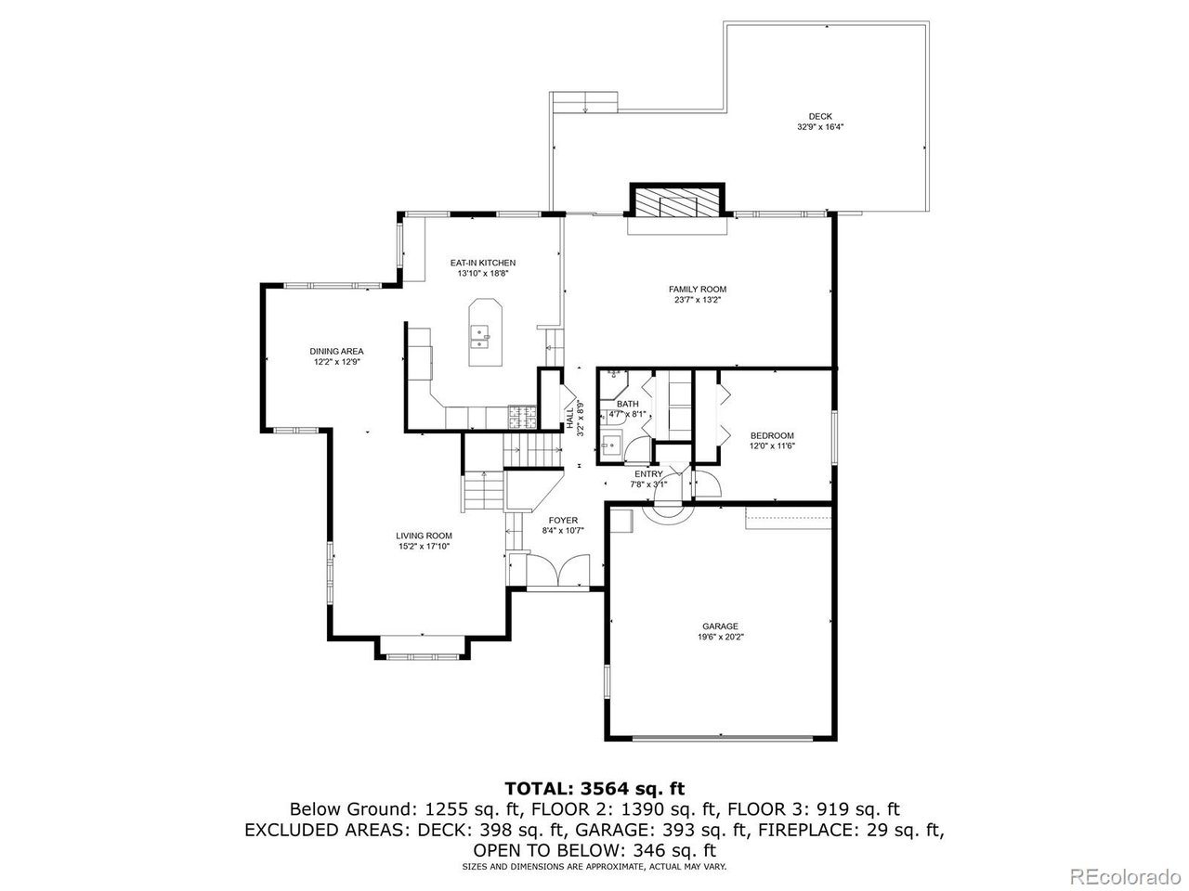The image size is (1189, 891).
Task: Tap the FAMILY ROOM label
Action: coord(697,290)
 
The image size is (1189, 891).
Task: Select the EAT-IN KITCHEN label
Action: coord(482,263)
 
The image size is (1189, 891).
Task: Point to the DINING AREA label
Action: coord(336,351)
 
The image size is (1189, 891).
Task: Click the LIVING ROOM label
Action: coord(424,536)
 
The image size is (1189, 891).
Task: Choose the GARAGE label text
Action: coord(720,626)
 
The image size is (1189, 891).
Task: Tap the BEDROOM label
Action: coord(772,435)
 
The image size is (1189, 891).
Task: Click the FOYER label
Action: coord(563,520)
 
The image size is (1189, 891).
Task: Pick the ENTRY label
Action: coord(648,474)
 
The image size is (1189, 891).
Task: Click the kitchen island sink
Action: coord(480,335)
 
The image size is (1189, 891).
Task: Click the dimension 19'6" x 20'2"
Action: coord(721,638)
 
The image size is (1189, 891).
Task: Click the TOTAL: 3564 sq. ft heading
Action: coord(594,789)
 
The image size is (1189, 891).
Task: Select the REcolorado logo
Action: coord(1124,874)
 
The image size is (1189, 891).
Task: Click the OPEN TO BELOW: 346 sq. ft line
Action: coord(594,849)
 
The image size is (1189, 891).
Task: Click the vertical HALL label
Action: coord(569,416)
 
